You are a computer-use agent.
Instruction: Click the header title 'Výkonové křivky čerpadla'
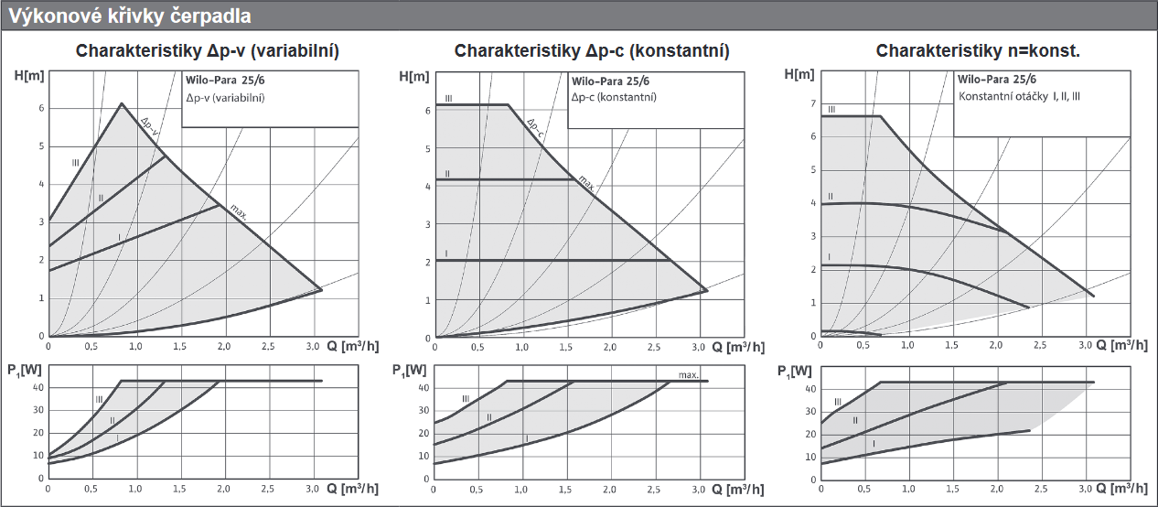click(x=129, y=16)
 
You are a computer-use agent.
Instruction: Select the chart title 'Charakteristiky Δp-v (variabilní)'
click(x=208, y=51)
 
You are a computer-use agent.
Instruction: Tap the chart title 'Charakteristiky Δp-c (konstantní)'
click(x=592, y=51)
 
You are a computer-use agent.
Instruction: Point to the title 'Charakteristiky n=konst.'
click(x=978, y=51)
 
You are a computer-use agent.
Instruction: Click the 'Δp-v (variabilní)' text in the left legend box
click(x=225, y=97)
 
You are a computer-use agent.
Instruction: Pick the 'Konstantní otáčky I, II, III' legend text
click(x=1019, y=96)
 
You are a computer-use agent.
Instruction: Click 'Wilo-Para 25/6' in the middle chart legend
click(x=610, y=81)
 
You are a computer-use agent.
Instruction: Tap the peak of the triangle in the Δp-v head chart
click(x=121, y=103)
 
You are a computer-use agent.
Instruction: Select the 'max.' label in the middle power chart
click(x=689, y=374)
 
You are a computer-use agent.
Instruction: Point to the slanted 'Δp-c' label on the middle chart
click(x=535, y=129)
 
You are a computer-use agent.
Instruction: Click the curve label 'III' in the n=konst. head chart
click(x=831, y=110)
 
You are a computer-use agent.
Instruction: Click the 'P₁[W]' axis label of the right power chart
click(x=794, y=371)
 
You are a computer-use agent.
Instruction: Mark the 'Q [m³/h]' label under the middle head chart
click(x=737, y=348)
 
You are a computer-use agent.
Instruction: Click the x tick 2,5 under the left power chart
click(x=268, y=489)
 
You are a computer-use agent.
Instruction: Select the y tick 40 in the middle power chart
click(x=424, y=388)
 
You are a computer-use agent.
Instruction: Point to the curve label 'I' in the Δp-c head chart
click(x=446, y=253)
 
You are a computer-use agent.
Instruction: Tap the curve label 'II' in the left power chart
click(x=113, y=421)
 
